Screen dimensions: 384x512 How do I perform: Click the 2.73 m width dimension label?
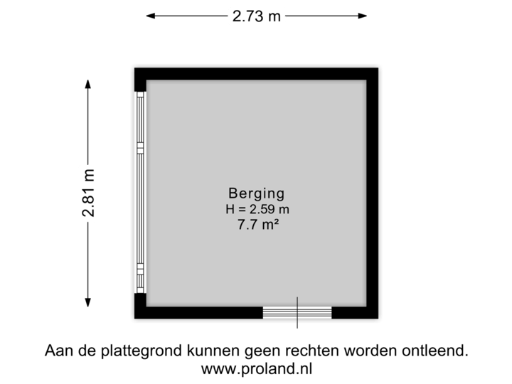(x=256, y=16)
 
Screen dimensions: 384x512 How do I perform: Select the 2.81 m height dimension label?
(x=88, y=193)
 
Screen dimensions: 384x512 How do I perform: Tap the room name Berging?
(x=256, y=193)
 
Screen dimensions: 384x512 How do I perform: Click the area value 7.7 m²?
(x=256, y=225)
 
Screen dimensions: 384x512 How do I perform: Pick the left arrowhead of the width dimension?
(x=149, y=16)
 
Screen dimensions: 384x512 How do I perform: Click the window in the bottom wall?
(x=297, y=313)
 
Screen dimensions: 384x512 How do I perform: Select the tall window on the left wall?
(x=141, y=193)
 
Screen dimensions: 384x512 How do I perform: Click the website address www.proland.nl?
(x=256, y=369)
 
